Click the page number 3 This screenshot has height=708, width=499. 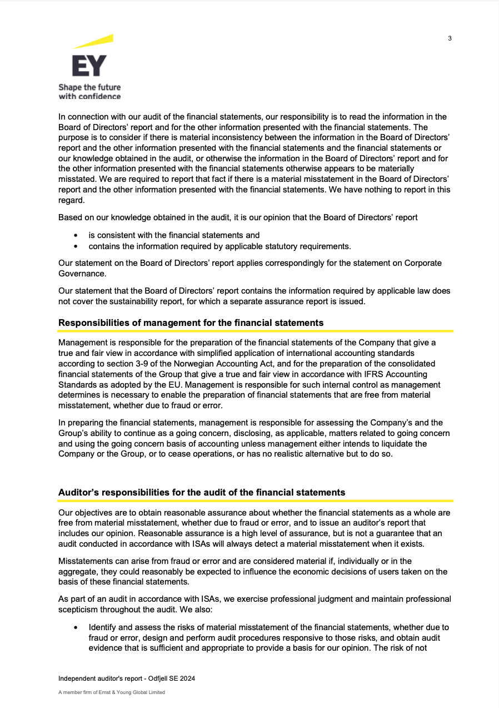tap(450, 38)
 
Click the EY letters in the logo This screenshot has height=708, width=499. tap(89, 66)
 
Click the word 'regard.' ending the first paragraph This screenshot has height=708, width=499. tap(71, 200)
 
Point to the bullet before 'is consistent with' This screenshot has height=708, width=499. tap(76, 236)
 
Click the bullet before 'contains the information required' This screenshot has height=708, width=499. tap(76, 246)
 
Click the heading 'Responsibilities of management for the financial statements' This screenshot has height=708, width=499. tap(191, 323)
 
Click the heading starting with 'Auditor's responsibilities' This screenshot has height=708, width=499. tap(202, 492)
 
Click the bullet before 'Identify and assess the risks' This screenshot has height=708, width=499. tap(76, 627)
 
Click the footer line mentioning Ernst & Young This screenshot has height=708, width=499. tap(112, 692)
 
